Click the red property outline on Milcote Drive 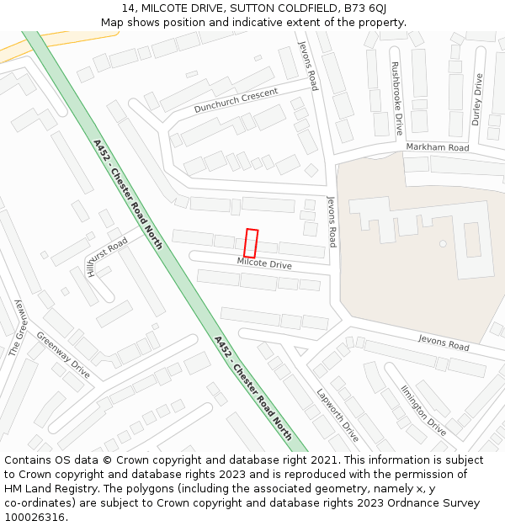(251, 242)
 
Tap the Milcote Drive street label (264, 264)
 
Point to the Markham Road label (437, 147)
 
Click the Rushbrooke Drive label (396, 98)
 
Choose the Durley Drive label (477, 99)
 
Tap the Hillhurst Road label (106, 256)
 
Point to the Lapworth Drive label (338, 414)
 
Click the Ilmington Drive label (423, 409)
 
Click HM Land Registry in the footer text (45, 489)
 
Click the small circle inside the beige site (443, 243)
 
